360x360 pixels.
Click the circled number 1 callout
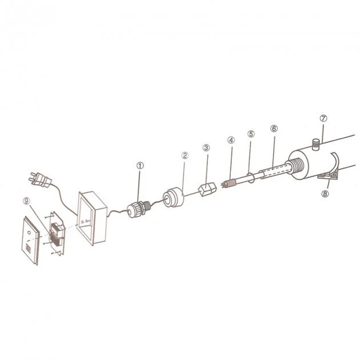[140, 165]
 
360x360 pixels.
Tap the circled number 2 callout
[185, 155]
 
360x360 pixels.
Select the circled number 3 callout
[206, 147]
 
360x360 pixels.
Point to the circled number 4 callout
[231, 140]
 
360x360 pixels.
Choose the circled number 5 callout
[251, 134]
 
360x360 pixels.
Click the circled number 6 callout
[274, 129]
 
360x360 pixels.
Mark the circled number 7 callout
[323, 118]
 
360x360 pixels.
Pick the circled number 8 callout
[325, 194]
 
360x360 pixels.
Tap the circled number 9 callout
[27, 201]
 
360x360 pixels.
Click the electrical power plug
[39, 179]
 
